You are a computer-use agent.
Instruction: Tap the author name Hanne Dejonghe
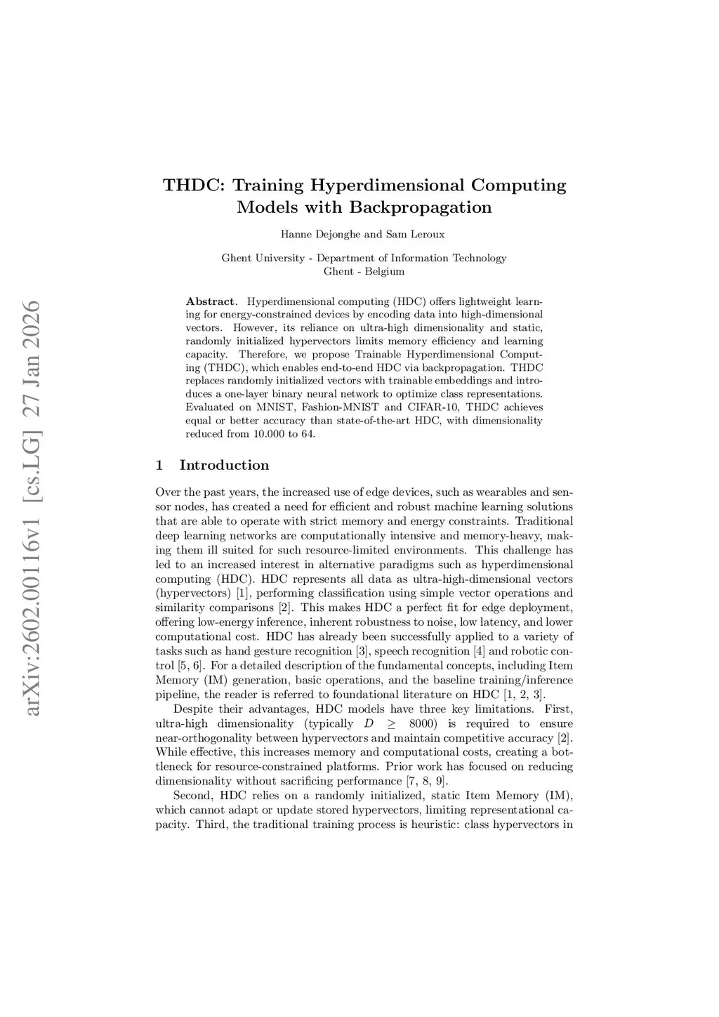(x=319, y=234)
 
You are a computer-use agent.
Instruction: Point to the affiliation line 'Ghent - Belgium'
(x=364, y=271)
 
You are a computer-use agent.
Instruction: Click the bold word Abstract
(x=211, y=301)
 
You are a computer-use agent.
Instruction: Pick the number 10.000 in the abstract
(x=268, y=433)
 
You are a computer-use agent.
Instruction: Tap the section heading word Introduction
(x=224, y=465)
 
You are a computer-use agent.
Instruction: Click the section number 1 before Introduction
(x=159, y=465)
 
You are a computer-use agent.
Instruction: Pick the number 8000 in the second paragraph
(x=423, y=723)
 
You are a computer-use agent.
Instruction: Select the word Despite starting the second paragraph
(x=191, y=709)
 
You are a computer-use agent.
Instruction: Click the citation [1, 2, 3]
(x=525, y=695)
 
